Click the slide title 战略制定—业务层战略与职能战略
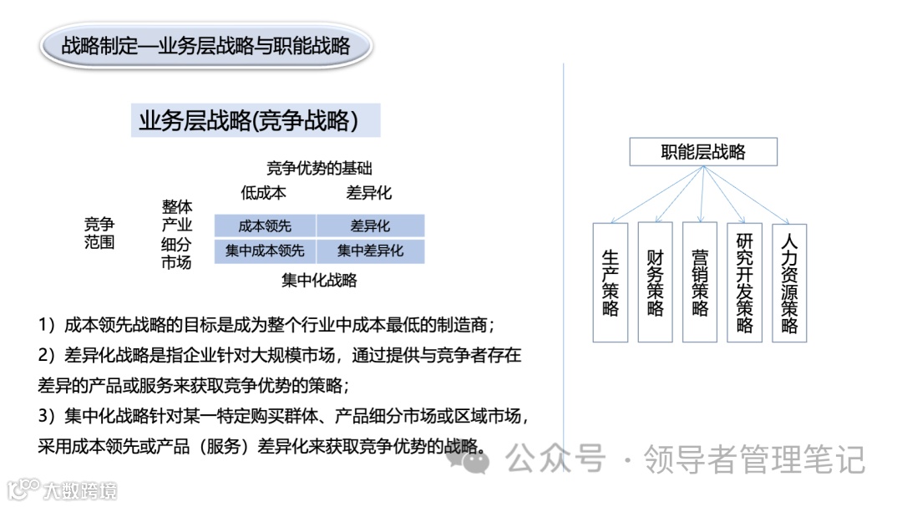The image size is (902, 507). [x=205, y=46]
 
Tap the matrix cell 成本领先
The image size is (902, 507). [x=265, y=226]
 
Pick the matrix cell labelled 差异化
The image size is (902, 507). [x=370, y=226]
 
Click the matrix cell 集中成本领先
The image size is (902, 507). [x=265, y=251]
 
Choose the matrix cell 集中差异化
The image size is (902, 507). [x=370, y=251]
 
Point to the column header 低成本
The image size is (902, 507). [x=263, y=193]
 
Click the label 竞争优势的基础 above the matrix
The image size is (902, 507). [x=319, y=168]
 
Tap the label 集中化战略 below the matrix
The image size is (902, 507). [x=319, y=281]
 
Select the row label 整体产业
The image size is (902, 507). [x=176, y=215]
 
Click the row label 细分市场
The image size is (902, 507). [x=176, y=253]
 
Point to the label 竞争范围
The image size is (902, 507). [x=99, y=234]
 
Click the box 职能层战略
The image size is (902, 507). [x=703, y=152]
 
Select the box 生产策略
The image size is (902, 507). [x=610, y=282]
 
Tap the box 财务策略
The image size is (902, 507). [x=655, y=282]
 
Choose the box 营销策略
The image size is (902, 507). [x=700, y=282]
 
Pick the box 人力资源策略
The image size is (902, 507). [x=789, y=282]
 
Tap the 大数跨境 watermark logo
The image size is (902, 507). [x=63, y=489]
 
